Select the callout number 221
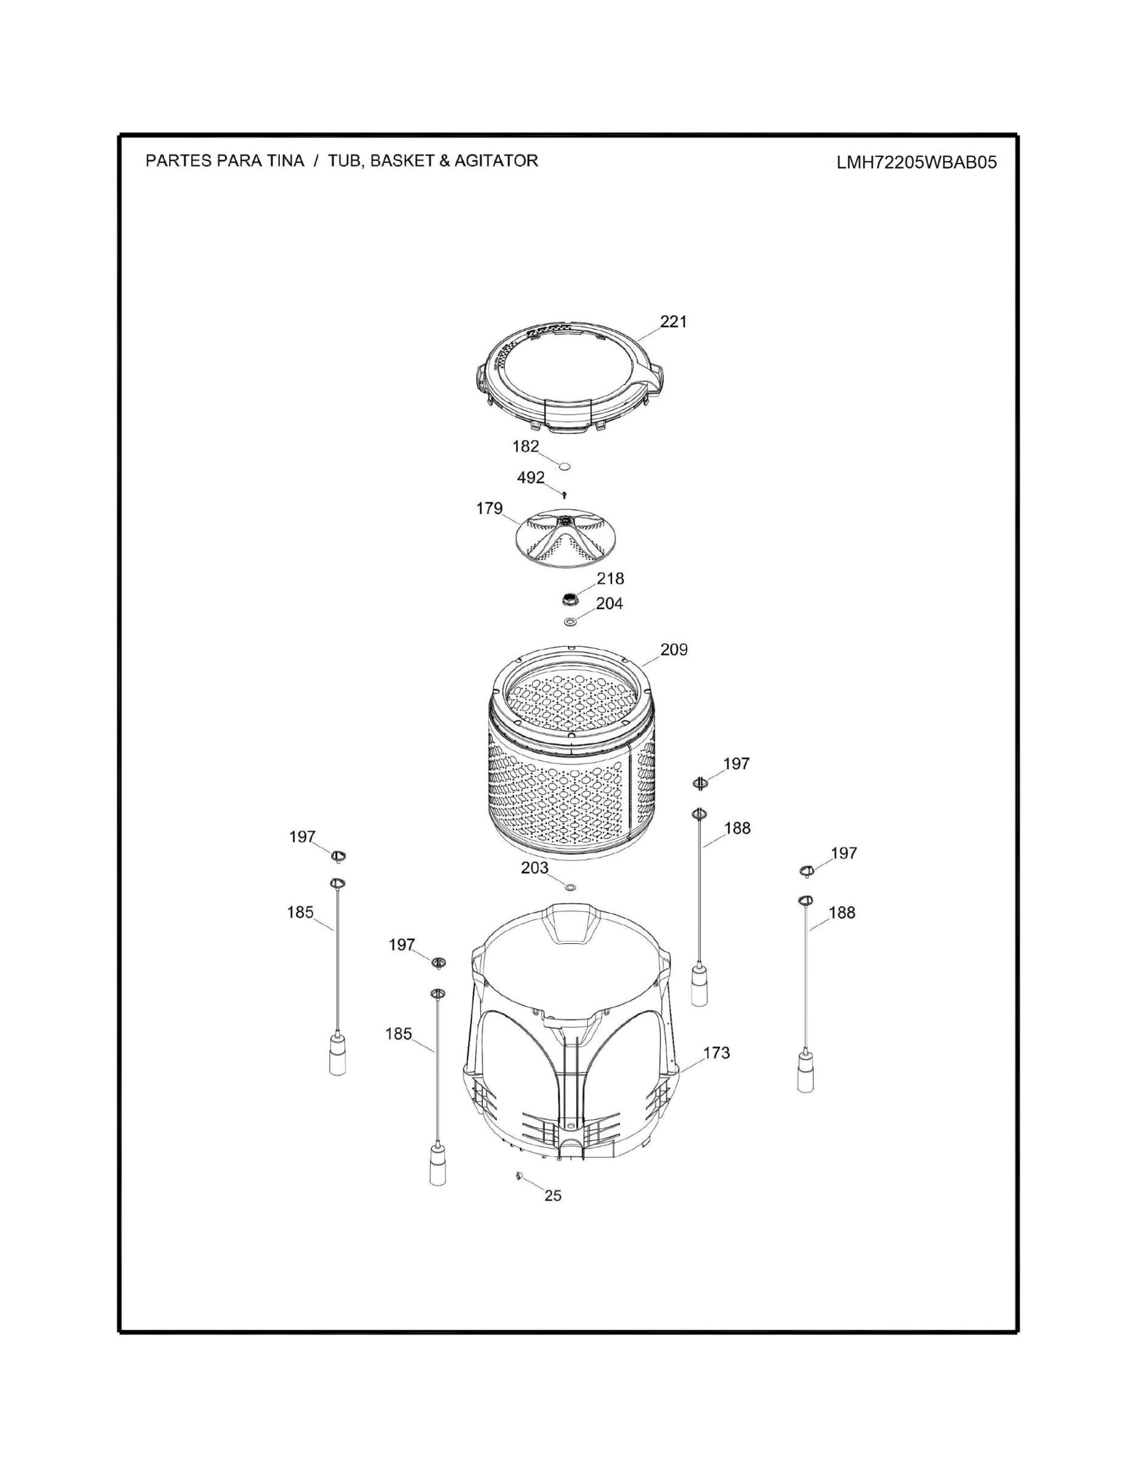673,322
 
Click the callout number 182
526,446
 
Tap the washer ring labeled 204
569,621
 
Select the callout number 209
673,649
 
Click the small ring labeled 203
571,887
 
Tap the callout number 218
610,578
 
